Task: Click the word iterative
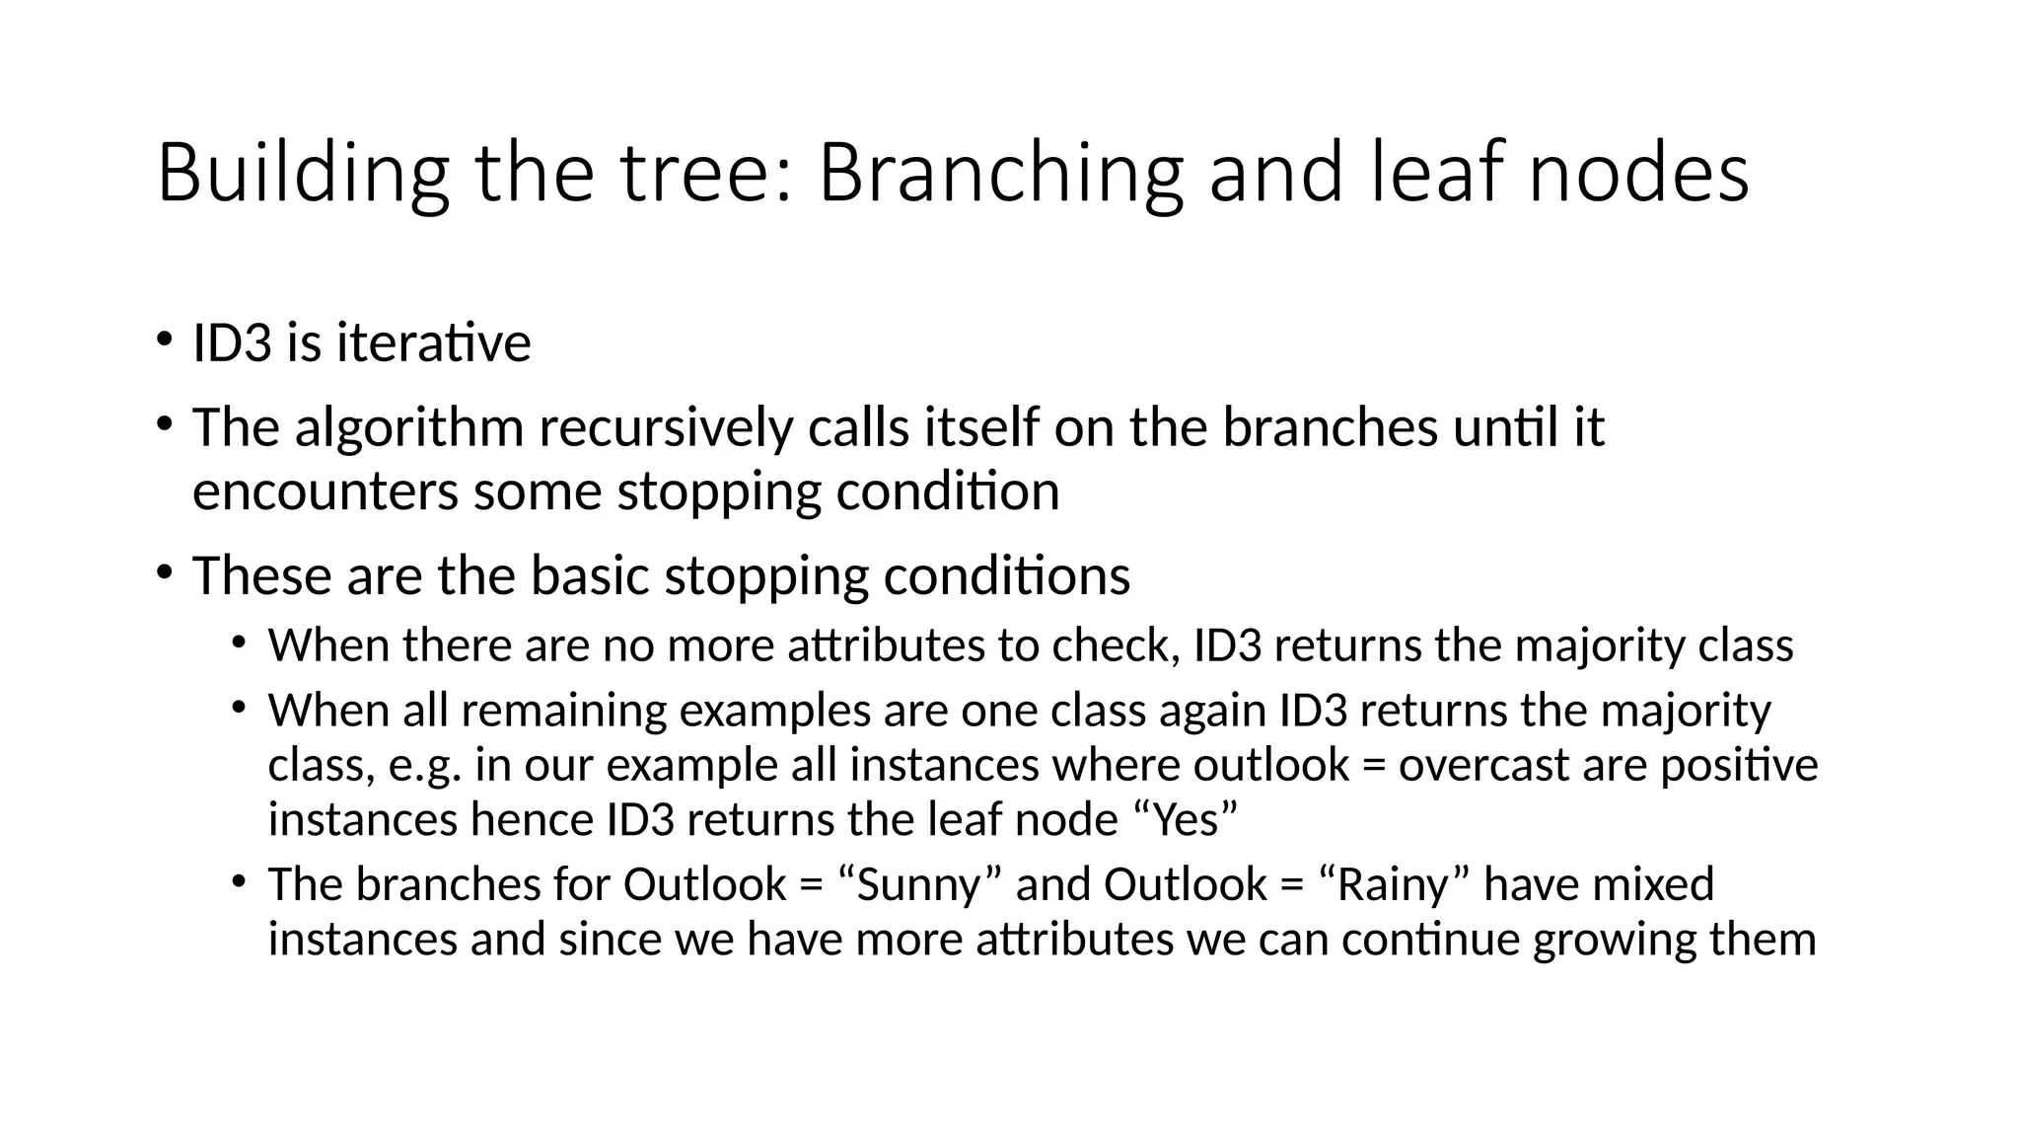(x=433, y=344)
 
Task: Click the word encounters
(x=325, y=492)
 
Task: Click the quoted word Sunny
(x=918, y=884)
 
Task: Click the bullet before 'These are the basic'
(x=163, y=572)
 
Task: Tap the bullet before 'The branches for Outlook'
(x=239, y=880)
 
